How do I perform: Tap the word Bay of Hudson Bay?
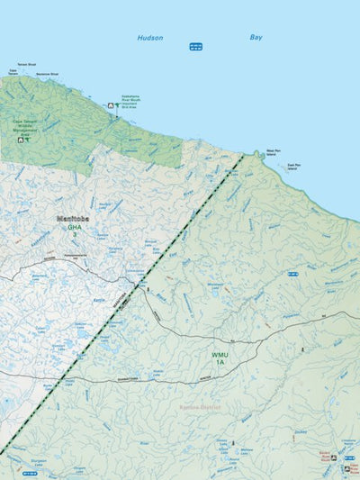coord(256,37)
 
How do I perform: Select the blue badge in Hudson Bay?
coord(195,47)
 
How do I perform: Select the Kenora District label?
coord(199,408)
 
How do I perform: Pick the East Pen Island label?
coord(293,167)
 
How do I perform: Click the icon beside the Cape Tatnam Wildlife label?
coord(20,140)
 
